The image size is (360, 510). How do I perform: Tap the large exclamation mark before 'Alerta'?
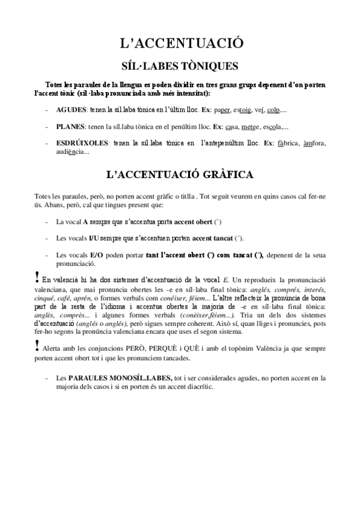point(38,346)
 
